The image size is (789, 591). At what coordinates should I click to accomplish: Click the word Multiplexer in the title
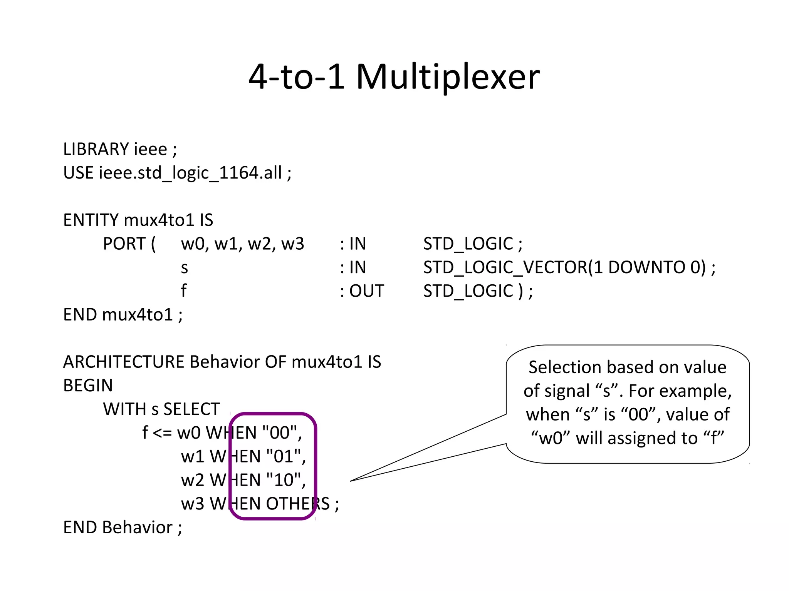pyautogui.click(x=448, y=77)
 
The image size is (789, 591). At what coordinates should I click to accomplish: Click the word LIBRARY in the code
pyautogui.click(x=96, y=149)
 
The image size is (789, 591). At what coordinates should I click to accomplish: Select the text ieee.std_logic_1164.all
pyautogui.click(x=190, y=173)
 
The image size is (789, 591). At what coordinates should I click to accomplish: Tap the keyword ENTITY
pyautogui.click(x=91, y=220)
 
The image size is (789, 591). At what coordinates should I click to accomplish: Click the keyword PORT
pyautogui.click(x=124, y=244)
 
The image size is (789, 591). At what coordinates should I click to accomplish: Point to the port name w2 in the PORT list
pyautogui.click(x=259, y=244)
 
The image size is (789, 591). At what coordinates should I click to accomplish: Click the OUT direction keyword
pyautogui.click(x=366, y=291)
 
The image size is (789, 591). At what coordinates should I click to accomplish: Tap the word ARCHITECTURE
pyautogui.click(x=124, y=362)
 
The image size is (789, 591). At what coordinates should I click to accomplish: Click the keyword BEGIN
pyautogui.click(x=88, y=386)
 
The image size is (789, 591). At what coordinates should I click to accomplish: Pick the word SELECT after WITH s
pyautogui.click(x=191, y=409)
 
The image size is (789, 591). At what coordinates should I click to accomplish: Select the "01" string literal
pyautogui.click(x=283, y=457)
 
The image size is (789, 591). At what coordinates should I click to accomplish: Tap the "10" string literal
pyautogui.click(x=283, y=480)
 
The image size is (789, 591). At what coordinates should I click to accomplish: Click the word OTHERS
pyautogui.click(x=298, y=504)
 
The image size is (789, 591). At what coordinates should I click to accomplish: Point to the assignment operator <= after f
pyautogui.click(x=162, y=433)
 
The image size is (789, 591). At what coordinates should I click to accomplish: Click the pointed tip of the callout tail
pyautogui.click(x=351, y=481)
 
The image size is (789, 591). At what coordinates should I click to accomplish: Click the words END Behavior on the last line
pyautogui.click(x=118, y=528)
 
